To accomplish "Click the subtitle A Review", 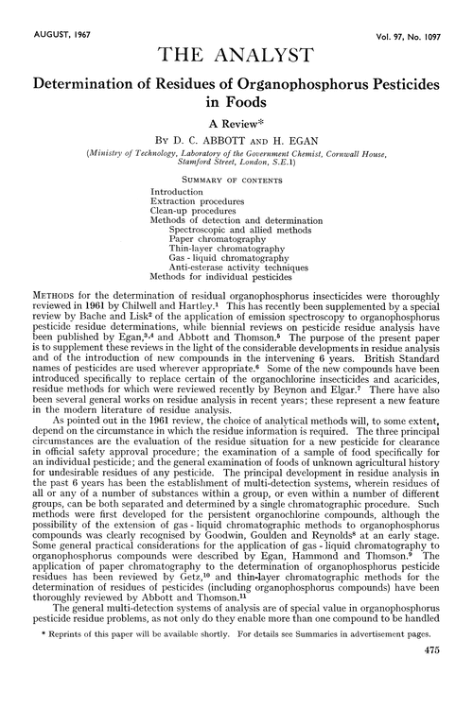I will click(235, 119).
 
